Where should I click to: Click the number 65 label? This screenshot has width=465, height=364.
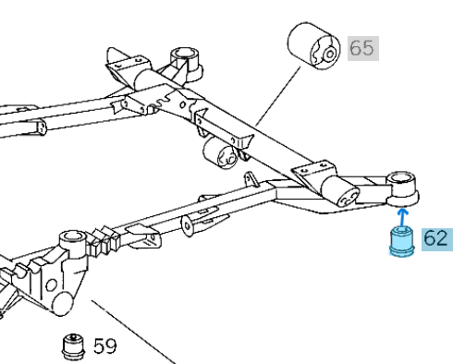[362, 48]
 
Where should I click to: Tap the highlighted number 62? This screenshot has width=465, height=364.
[435, 239]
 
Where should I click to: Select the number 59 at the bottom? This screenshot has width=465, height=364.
[104, 346]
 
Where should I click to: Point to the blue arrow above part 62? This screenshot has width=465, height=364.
[401, 216]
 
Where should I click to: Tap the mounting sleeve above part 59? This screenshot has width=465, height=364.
[73, 247]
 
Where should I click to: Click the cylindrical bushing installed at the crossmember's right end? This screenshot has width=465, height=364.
[344, 191]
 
